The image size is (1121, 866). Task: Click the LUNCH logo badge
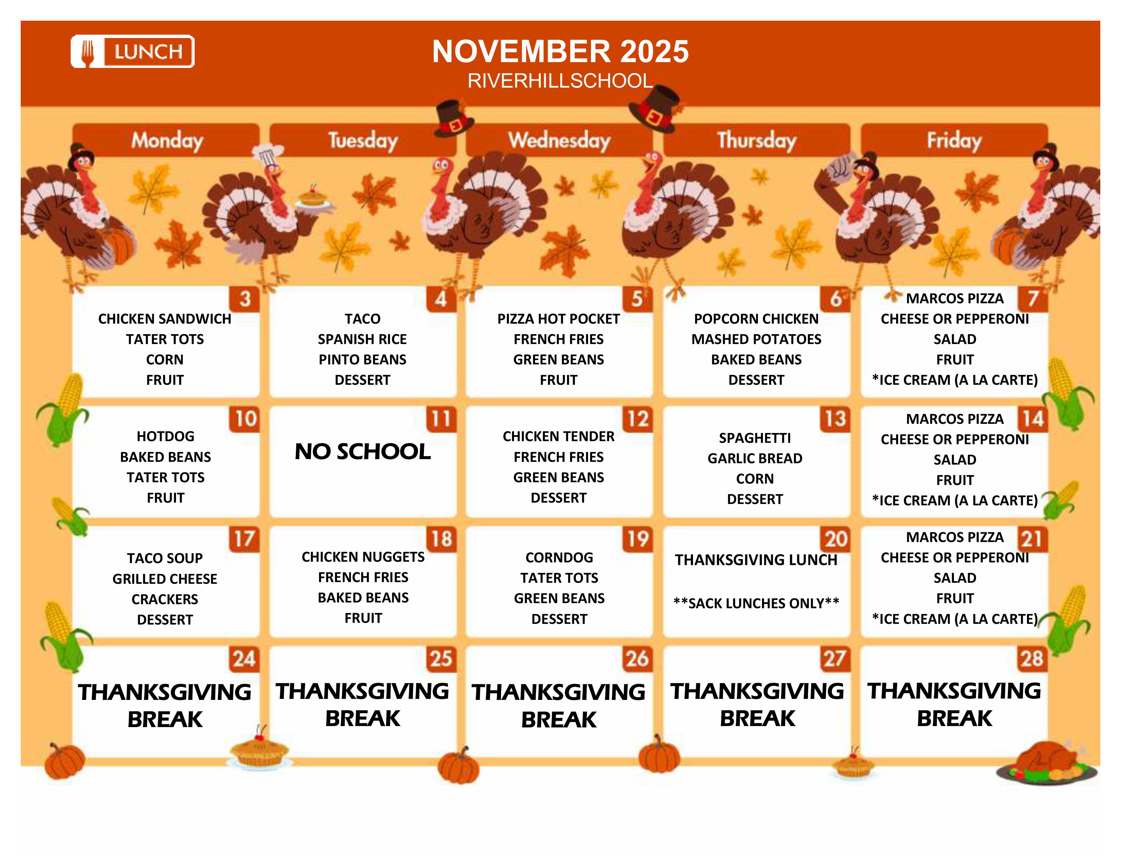pos(132,51)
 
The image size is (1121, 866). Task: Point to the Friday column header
pos(954,140)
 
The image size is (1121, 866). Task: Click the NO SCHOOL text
pos(362,451)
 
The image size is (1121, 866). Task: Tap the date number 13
pos(835,419)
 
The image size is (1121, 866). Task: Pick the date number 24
pos(244,659)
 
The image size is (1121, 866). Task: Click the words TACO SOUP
pos(165,558)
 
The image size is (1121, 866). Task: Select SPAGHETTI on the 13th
pos(754,438)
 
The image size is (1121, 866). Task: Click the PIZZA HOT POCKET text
pos(558,319)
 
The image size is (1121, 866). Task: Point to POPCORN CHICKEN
pos(756,319)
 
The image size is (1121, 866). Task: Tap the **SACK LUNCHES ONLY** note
pos(756,603)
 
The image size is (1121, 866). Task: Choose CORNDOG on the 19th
pos(559,558)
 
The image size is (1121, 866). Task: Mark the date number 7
pos(1033,299)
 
